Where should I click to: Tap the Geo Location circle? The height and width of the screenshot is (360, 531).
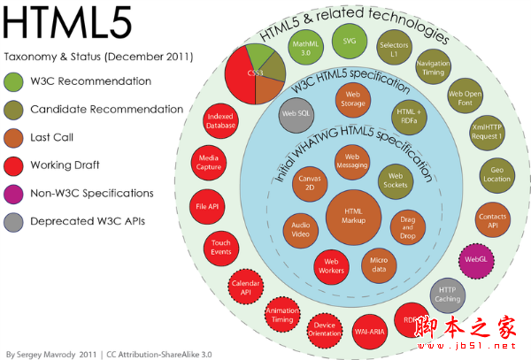point(497,173)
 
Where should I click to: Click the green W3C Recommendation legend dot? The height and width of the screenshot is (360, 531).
point(15,81)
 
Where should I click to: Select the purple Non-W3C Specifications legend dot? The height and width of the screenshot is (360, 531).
point(15,193)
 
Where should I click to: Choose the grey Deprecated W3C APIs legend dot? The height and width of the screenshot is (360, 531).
point(15,220)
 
